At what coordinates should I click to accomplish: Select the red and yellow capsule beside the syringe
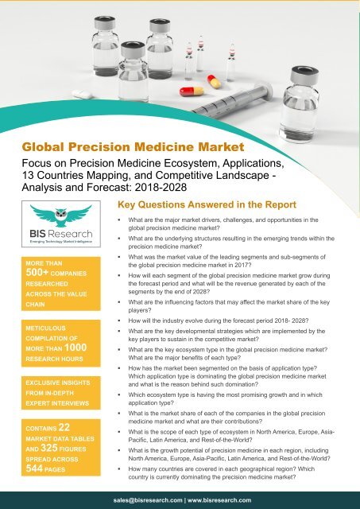191,91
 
